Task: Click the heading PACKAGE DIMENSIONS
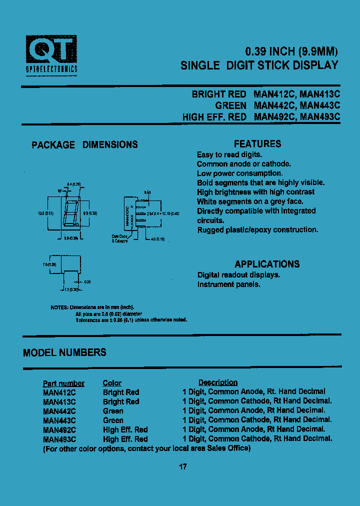pos(84,145)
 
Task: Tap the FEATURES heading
pos(257,144)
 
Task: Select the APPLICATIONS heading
pos(267,264)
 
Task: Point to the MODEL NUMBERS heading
pos(64,352)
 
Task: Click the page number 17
pos(182,467)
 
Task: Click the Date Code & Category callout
pos(119,238)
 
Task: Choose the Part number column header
pos(63,383)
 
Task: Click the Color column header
pos(112,383)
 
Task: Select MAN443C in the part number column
pos(59,420)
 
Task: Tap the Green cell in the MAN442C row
pos(113,411)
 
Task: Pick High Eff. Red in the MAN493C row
pos(125,439)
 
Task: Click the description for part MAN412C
pos(254,391)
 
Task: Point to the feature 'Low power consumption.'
pos(232,173)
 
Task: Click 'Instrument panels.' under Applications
pos(228,284)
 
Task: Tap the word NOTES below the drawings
pos(59,307)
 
